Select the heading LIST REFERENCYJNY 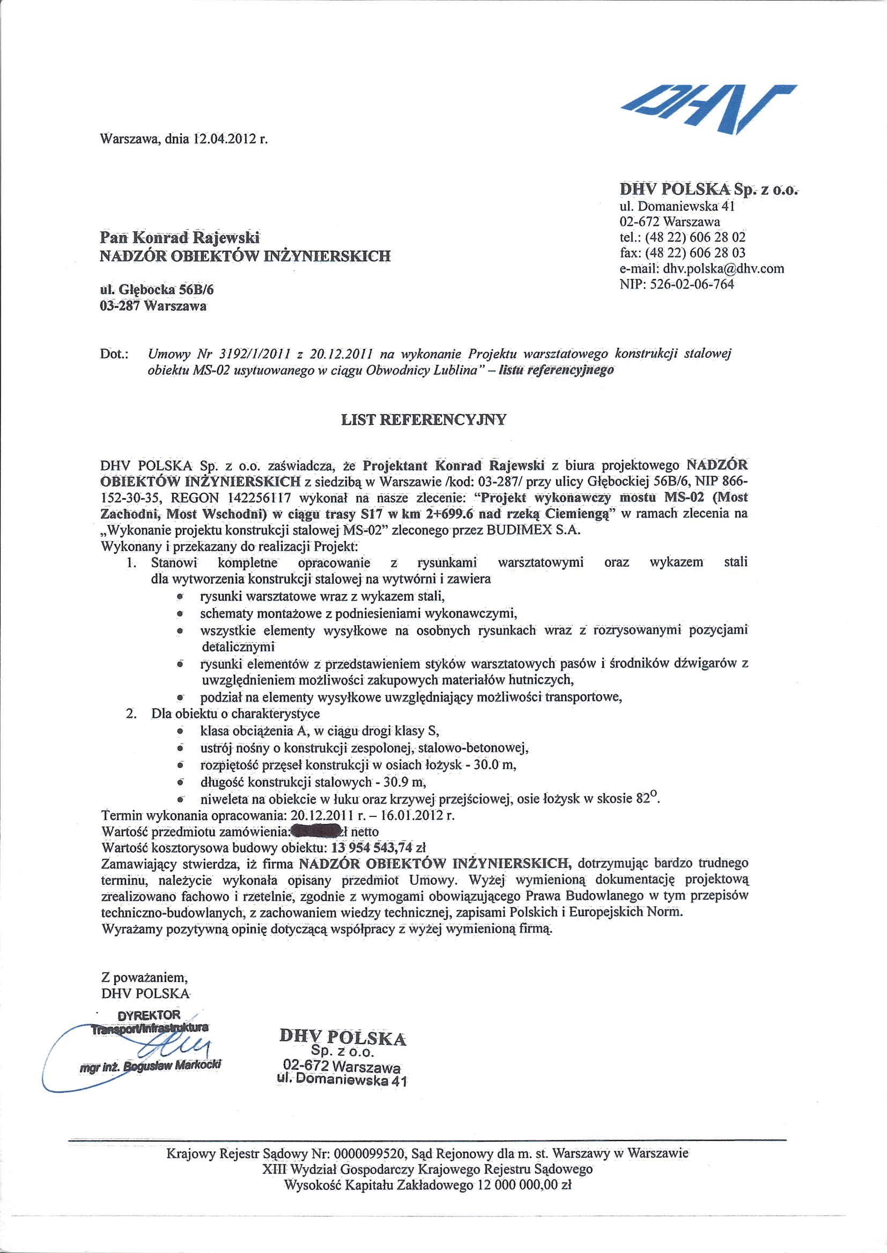click(424, 419)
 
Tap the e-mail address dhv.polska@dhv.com click(723, 268)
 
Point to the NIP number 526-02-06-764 click(692, 284)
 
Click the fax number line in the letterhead click(683, 253)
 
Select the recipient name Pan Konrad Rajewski click(180, 237)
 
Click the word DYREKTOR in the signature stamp click(149, 1015)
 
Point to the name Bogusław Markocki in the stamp click(172, 1065)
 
